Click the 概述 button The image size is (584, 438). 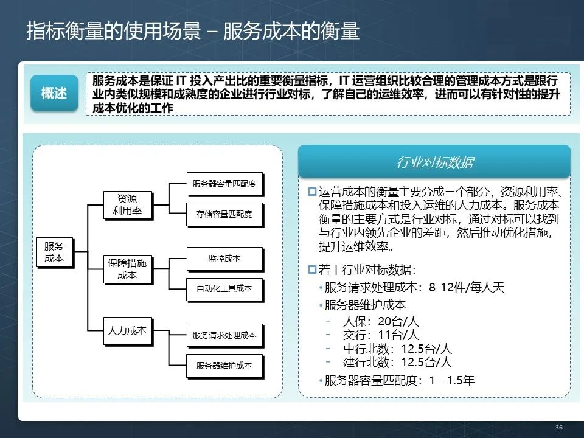click(x=54, y=93)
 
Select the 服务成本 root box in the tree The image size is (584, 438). click(x=54, y=252)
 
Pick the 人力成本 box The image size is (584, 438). click(x=127, y=331)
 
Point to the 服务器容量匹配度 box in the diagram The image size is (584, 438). click(x=224, y=183)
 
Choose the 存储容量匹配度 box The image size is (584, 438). click(x=224, y=214)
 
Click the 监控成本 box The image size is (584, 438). click(x=224, y=259)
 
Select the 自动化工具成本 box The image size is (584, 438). click(x=224, y=288)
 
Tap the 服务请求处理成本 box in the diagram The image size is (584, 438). click(x=224, y=335)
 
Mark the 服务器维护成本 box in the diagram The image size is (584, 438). click(x=224, y=366)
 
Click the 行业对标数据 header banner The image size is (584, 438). click(x=434, y=162)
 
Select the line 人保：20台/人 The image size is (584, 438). click(x=381, y=322)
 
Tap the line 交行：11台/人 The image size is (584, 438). click(x=381, y=335)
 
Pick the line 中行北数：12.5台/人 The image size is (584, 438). click(x=397, y=349)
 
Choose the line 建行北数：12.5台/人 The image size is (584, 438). click(x=397, y=363)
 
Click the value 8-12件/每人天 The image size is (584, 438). click(x=467, y=288)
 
